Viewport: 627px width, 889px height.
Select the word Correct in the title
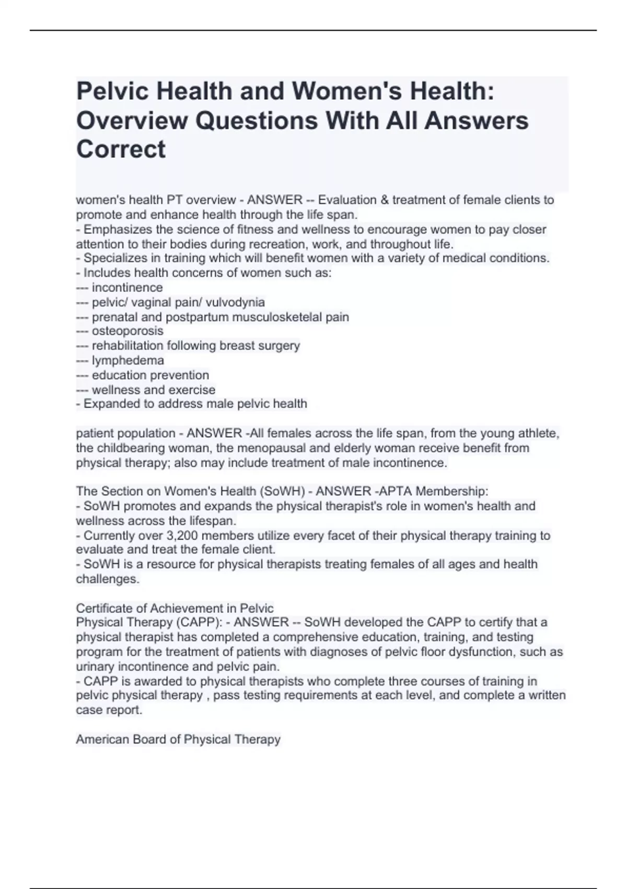[121, 150]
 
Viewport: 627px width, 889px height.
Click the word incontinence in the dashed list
[127, 288]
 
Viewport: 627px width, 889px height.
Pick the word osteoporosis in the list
[127, 331]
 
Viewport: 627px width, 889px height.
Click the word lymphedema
[127, 360]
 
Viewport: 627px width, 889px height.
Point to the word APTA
[400, 491]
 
